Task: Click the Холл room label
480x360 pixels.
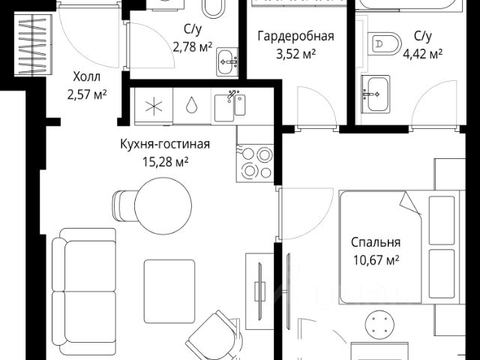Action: (87, 76)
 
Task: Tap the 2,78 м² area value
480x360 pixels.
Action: (192, 47)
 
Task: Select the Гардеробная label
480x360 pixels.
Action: (295, 36)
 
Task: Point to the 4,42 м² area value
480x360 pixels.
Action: (422, 55)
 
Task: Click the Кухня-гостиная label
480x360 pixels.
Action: (165, 144)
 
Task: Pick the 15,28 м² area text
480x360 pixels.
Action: (165, 162)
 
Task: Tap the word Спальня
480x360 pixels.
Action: (376, 242)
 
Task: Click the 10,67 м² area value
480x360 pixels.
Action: (376, 260)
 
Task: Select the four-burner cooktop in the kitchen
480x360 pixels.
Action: (255, 163)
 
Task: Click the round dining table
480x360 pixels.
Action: (163, 206)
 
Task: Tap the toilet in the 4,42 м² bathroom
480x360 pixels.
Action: (385, 43)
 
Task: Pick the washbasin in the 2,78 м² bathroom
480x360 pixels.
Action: (227, 61)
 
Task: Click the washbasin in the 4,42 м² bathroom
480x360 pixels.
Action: (376, 94)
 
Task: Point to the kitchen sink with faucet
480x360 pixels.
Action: (230, 106)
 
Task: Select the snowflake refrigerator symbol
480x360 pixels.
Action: (154, 106)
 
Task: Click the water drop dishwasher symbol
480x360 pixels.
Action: (191, 105)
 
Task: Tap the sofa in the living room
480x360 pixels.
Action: (84, 291)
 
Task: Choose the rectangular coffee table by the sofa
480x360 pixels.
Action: (169, 291)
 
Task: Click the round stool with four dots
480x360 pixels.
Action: (380, 325)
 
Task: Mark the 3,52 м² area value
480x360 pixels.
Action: (295, 55)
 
